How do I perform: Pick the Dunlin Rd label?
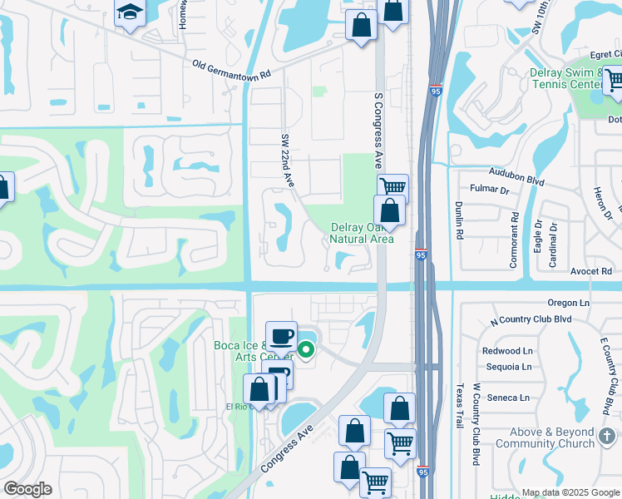(458, 221)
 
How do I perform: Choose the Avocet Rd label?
(591, 271)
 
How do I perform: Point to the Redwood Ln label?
(507, 351)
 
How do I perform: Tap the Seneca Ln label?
(508, 398)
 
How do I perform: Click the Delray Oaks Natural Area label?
(361, 233)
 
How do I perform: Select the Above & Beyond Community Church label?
(545, 438)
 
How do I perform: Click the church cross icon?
(607, 434)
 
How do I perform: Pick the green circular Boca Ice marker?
(307, 350)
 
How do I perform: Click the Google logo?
(28, 488)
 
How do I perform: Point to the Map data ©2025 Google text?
(570, 492)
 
